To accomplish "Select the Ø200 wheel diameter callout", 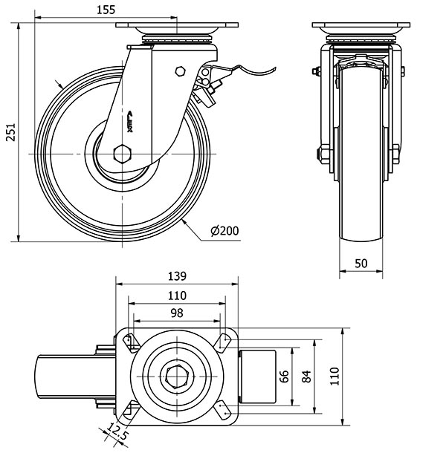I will pyautogui.click(x=224, y=231).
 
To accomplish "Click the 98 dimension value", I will pyautogui.click(x=176, y=313).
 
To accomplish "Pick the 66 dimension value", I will pyautogui.click(x=283, y=376).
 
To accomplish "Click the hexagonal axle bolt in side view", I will pyautogui.click(x=123, y=154).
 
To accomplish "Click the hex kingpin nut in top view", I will pyautogui.click(x=176, y=376).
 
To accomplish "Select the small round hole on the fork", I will pyautogui.click(x=178, y=71).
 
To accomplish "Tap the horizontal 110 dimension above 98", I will pyautogui.click(x=176, y=295).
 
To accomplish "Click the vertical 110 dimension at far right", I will pyautogui.click(x=334, y=376).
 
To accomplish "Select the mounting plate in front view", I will pyautogui.click(x=360, y=27).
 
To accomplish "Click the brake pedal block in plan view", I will pyautogui.click(x=257, y=376).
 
